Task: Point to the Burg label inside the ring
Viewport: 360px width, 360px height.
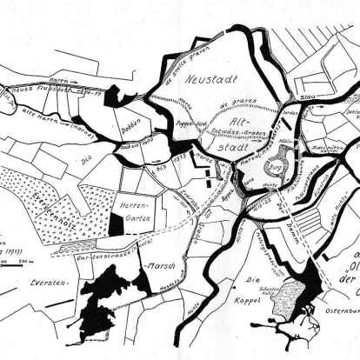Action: [x=263, y=160]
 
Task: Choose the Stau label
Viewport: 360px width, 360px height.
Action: [x=308, y=88]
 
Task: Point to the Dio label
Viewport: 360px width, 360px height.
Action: [x=86, y=161]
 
